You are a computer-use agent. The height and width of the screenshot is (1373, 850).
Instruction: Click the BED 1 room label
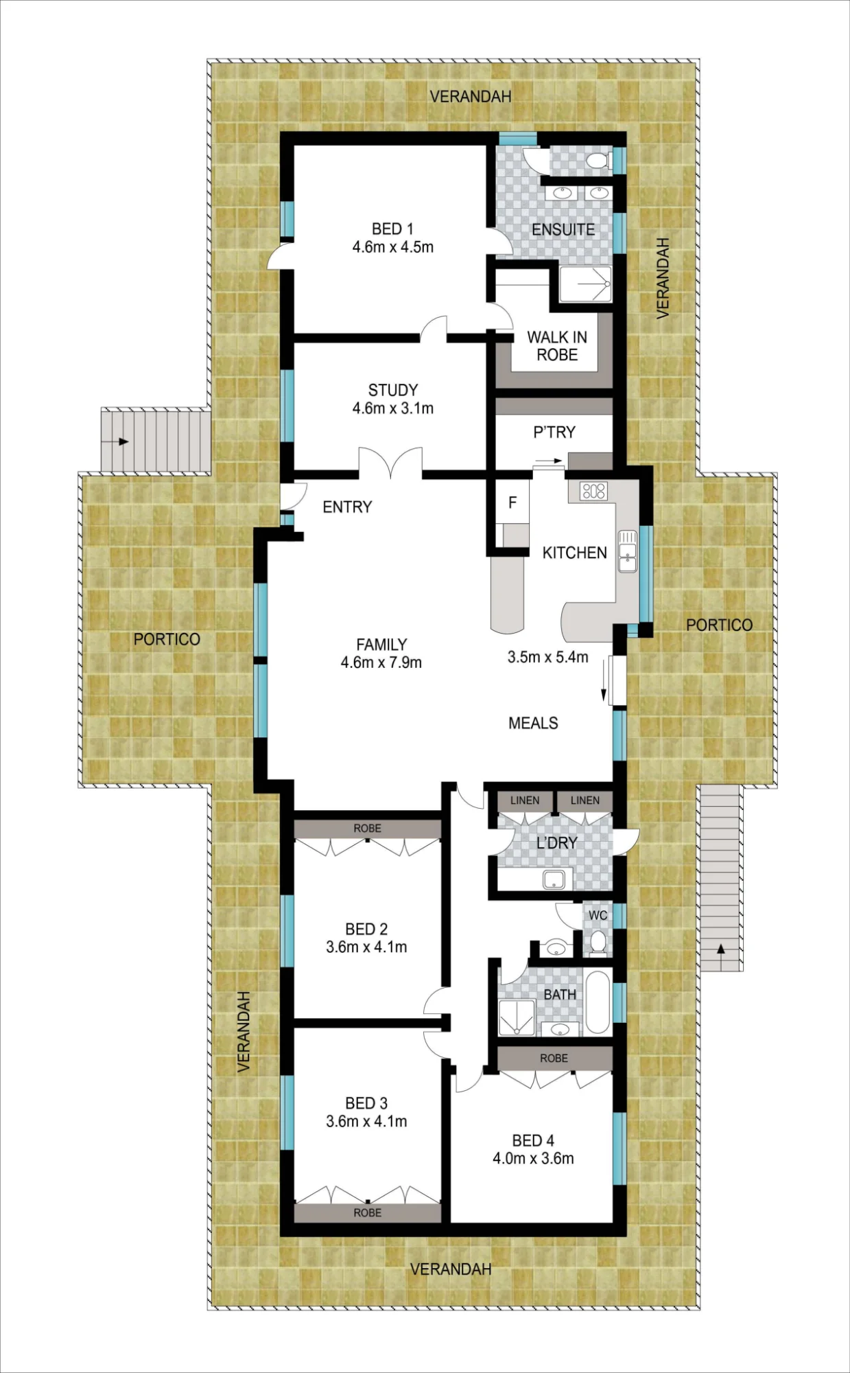[392, 229]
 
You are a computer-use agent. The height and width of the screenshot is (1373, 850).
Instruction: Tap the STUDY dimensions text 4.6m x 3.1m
[393, 408]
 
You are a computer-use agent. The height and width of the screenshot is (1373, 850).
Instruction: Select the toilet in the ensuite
[597, 161]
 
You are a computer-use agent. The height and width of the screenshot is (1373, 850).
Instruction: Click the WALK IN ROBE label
[557, 346]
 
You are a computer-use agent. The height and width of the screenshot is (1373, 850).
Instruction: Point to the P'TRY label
[554, 432]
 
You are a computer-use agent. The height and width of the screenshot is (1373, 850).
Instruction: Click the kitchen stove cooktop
[594, 491]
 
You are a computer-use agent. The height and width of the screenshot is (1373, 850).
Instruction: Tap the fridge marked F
[512, 503]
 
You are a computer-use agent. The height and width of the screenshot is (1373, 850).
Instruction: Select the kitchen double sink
[628, 551]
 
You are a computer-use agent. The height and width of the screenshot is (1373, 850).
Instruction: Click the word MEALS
[533, 723]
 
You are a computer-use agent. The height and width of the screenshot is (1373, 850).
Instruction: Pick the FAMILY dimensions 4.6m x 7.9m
[381, 662]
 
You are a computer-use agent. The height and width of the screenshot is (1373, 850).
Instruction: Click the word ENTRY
[347, 507]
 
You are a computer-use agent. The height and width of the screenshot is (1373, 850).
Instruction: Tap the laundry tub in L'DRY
[554, 879]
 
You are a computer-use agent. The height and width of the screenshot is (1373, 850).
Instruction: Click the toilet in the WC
[598, 941]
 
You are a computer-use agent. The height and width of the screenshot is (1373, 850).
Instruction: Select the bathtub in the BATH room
[598, 1002]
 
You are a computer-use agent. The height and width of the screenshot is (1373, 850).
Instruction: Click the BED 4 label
[533, 1140]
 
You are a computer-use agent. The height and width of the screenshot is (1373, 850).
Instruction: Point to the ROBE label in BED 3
[368, 1213]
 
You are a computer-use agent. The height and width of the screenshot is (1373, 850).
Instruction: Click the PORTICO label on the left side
[167, 639]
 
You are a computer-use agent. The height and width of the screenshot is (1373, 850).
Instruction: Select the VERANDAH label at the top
[471, 97]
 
